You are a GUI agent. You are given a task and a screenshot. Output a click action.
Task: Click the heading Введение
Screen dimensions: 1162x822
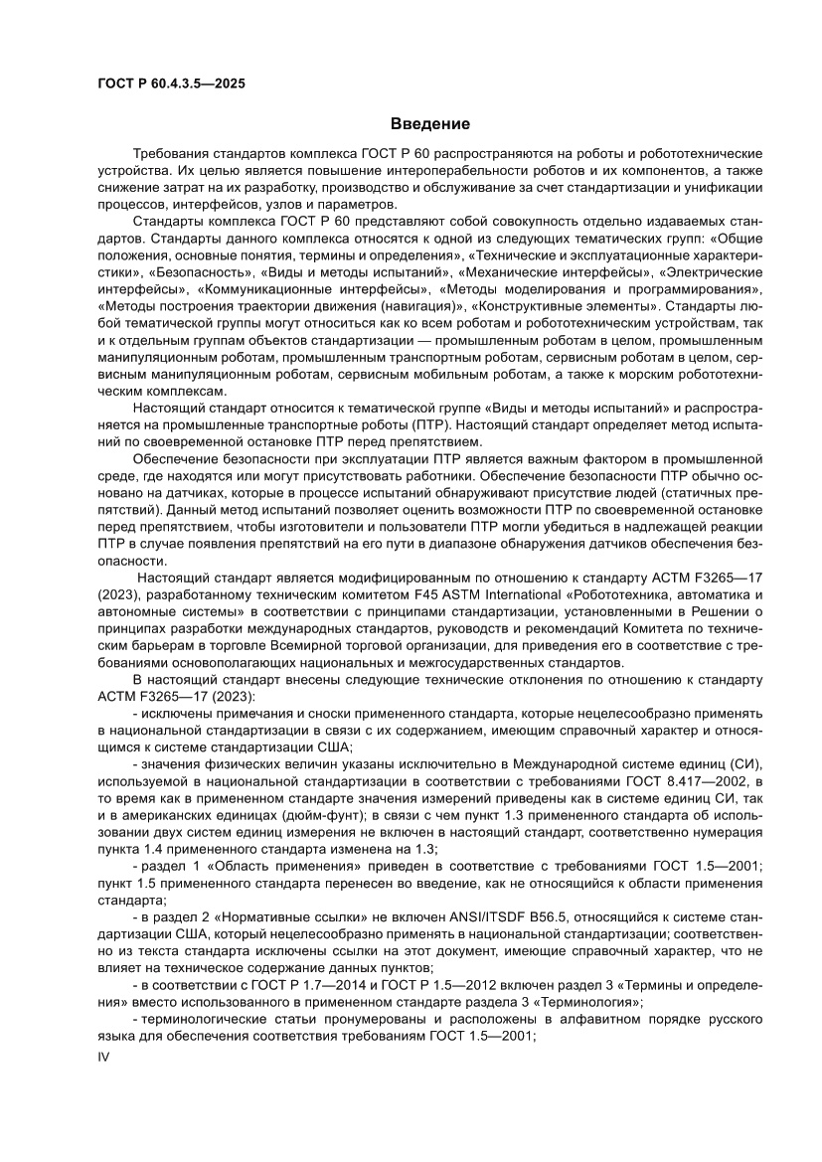click(429, 124)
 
